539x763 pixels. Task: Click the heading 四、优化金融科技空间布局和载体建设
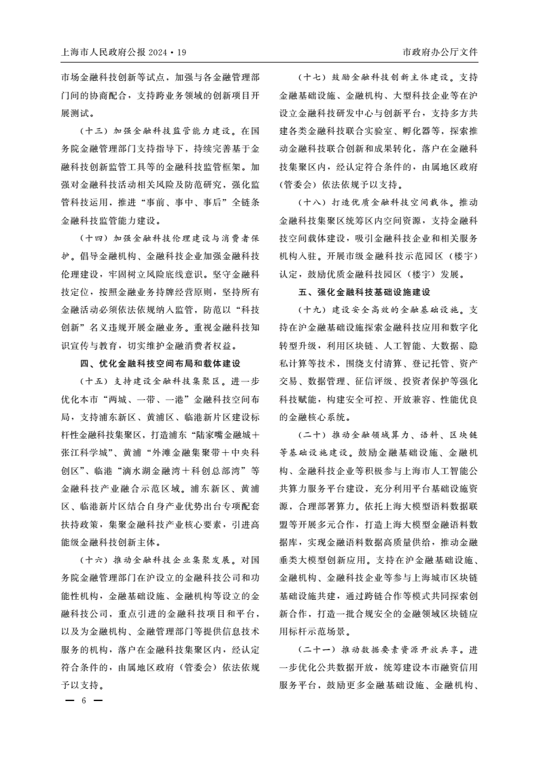[160, 362]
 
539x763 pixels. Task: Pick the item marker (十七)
[313, 76]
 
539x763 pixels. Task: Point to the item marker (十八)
[313, 203]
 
